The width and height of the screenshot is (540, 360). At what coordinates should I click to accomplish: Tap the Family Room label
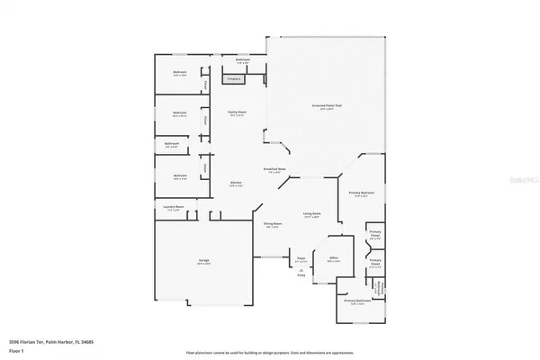tap(237, 113)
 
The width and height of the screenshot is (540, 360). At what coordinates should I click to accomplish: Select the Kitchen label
tap(236, 185)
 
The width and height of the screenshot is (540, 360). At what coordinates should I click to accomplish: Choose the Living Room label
tap(312, 215)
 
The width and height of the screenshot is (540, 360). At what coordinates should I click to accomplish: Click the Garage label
tap(204, 262)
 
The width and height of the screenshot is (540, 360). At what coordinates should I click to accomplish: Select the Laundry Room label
tap(174, 209)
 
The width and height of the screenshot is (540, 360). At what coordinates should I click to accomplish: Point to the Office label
tap(333, 258)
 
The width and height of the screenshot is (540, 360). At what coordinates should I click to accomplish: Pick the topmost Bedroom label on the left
tap(180, 74)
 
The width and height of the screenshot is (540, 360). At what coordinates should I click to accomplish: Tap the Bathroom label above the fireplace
tap(242, 61)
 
